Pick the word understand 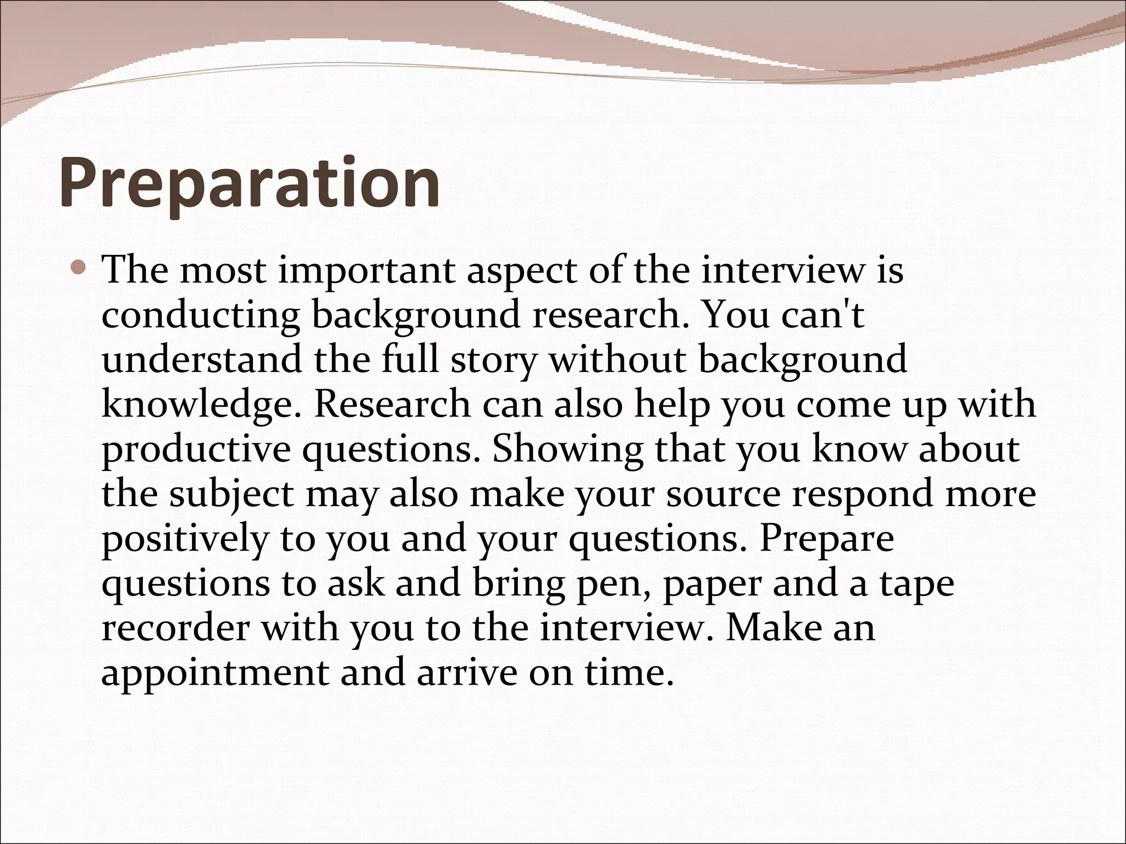[x=202, y=359]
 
